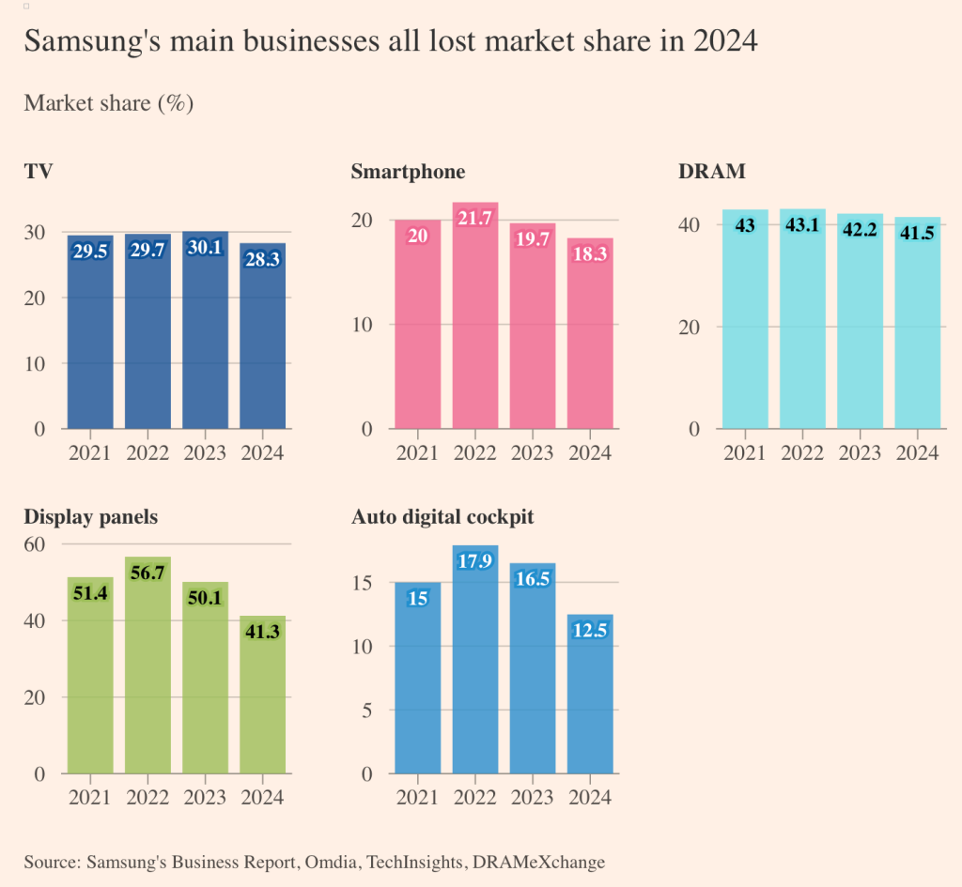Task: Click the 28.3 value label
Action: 262,260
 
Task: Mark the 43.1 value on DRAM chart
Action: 802,225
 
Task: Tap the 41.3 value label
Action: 262,633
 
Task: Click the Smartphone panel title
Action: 408,171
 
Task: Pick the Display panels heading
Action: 90,516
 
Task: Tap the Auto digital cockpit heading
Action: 442,516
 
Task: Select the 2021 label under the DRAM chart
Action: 745,453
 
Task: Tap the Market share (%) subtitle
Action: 108,103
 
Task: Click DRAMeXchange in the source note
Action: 545,862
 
